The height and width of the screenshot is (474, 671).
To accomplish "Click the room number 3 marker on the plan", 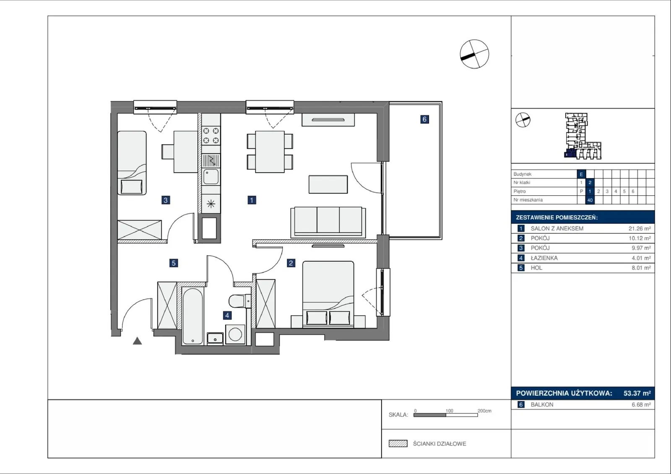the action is coord(166,200).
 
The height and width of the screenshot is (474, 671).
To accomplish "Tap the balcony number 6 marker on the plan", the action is coord(424,119).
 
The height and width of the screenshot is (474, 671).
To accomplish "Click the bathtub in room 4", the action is coord(192,316).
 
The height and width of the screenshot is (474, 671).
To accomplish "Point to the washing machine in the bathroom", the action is coord(235,334).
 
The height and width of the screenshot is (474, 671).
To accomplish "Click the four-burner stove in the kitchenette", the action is coord(211,135).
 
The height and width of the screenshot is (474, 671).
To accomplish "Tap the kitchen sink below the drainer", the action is coord(211,177).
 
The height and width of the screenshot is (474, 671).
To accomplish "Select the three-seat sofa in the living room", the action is coord(328,222).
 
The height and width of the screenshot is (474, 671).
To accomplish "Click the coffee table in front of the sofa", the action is coord(328,184).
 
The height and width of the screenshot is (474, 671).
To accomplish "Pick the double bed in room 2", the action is coord(328,293).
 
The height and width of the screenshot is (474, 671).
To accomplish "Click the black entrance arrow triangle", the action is coord(137,341).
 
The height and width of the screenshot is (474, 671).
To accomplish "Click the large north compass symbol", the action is coord(474,54).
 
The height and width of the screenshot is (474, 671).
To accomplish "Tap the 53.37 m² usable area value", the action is coord(637,393).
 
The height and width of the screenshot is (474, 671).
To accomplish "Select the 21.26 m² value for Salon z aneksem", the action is coord(640,228).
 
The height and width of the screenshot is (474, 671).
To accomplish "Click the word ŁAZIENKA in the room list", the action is coord(544,258).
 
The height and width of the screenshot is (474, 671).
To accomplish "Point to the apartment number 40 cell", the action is coord(590,200).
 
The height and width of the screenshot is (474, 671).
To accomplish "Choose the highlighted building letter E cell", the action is coord(581,174).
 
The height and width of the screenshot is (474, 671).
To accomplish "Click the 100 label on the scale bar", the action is coord(449,411).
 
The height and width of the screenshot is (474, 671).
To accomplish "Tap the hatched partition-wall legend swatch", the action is coord(398,443).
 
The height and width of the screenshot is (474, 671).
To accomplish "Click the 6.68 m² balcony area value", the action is coord(641,404).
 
